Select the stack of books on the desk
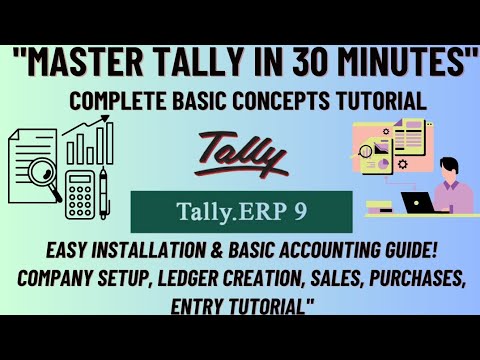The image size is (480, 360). (x=380, y=206)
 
